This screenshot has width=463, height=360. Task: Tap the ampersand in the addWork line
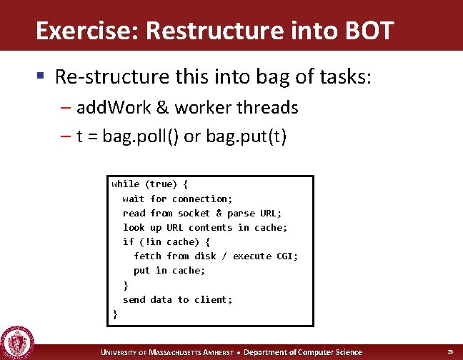[161, 108]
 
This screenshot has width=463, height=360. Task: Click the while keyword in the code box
[125, 184]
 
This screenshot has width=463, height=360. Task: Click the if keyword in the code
[128, 241]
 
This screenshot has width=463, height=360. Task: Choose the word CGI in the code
[286, 256]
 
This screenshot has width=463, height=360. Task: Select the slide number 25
[449, 352]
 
